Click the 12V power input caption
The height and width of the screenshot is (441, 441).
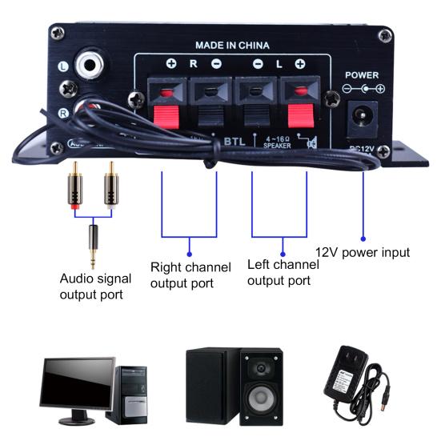pos(362,252)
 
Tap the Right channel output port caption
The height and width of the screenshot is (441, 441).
pos(190,274)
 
